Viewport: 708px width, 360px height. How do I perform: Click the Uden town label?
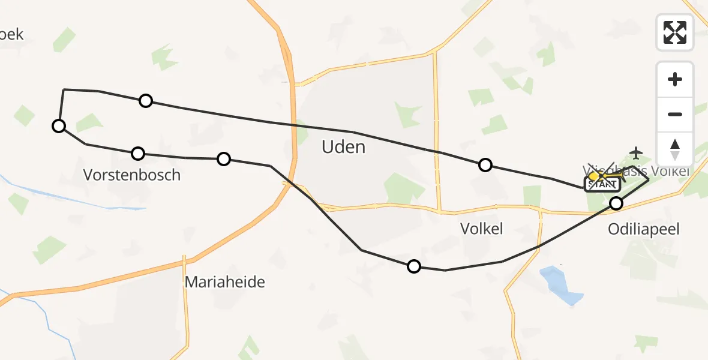343,147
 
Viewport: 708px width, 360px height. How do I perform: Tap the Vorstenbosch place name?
132,175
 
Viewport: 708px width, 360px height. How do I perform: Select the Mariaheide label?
224,282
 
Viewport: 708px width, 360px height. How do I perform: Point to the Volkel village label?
481,228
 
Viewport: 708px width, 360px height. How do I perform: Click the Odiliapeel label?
645,229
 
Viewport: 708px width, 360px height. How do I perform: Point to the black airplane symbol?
637,152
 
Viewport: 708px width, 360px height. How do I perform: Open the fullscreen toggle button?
675,32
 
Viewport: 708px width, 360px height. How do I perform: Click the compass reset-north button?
675,149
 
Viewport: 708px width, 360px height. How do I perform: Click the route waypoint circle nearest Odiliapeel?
616,203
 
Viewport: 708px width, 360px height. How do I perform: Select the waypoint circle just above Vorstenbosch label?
138,154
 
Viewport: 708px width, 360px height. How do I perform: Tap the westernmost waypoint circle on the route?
58,125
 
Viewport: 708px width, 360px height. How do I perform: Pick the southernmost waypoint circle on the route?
413,266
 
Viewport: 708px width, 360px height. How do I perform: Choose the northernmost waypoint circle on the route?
146,101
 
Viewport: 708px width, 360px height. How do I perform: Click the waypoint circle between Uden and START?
485,165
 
